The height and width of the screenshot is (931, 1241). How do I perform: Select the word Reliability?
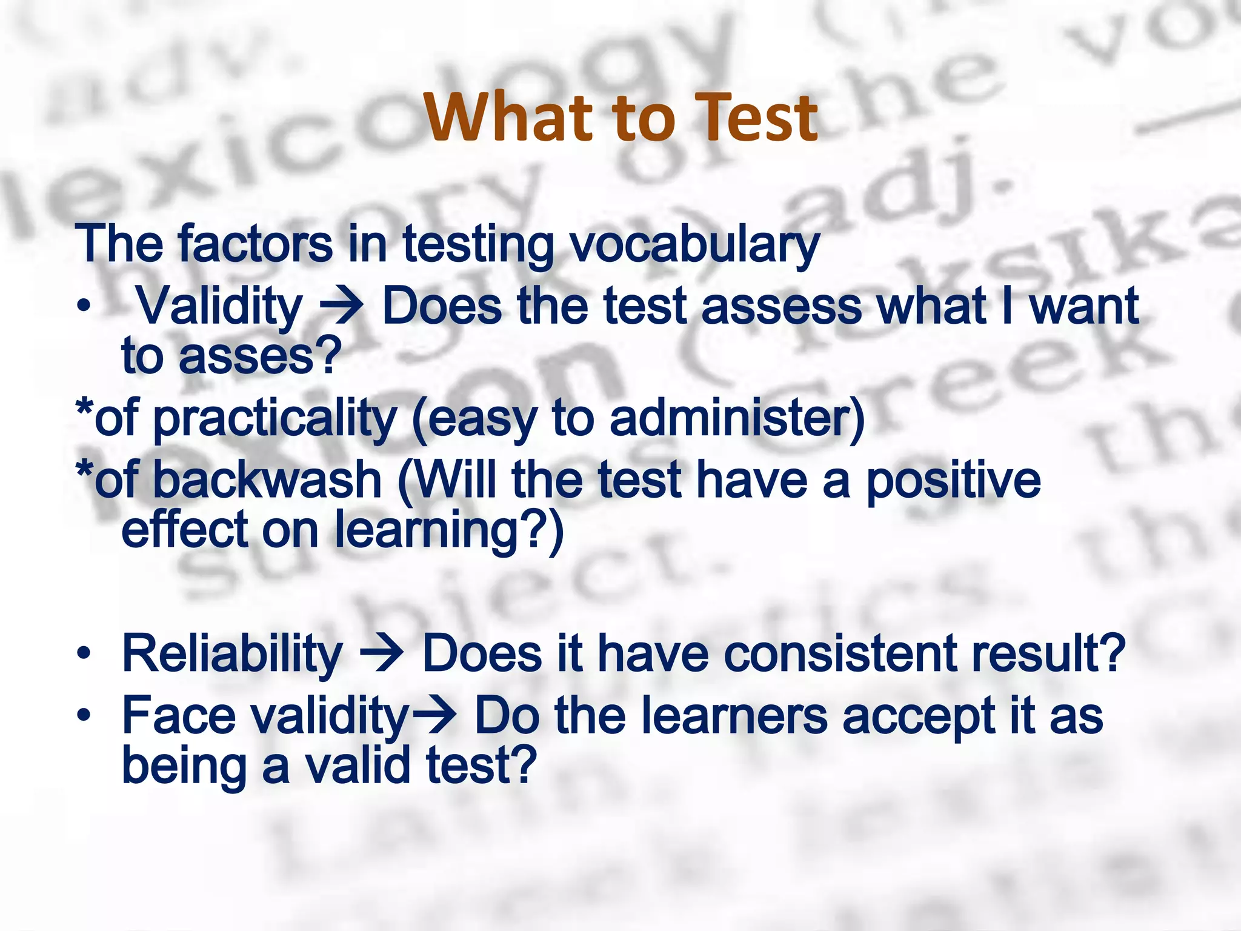coord(232,654)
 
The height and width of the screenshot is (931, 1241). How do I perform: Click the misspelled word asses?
coord(260,356)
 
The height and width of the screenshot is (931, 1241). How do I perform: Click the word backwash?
coord(267,479)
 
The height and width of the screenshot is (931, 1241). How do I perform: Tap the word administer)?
coord(737,418)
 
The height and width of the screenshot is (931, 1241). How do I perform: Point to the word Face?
coord(179,716)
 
